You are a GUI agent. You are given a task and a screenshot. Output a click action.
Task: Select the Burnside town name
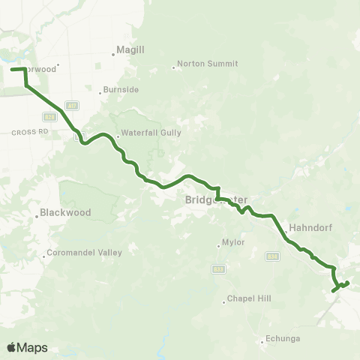121,89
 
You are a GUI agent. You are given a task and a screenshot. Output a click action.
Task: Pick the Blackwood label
65,212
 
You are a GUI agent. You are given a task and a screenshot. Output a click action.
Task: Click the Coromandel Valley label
84,252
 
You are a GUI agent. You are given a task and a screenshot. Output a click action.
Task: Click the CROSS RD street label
30,131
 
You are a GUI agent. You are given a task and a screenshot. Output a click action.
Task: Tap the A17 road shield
73,106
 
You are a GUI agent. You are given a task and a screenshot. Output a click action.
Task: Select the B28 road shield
49,117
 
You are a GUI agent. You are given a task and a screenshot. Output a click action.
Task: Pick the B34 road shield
272,257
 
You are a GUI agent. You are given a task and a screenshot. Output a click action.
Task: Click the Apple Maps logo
27,347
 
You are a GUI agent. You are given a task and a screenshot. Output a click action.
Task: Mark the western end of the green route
11,69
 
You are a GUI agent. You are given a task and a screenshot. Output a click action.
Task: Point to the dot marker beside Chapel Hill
223,302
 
